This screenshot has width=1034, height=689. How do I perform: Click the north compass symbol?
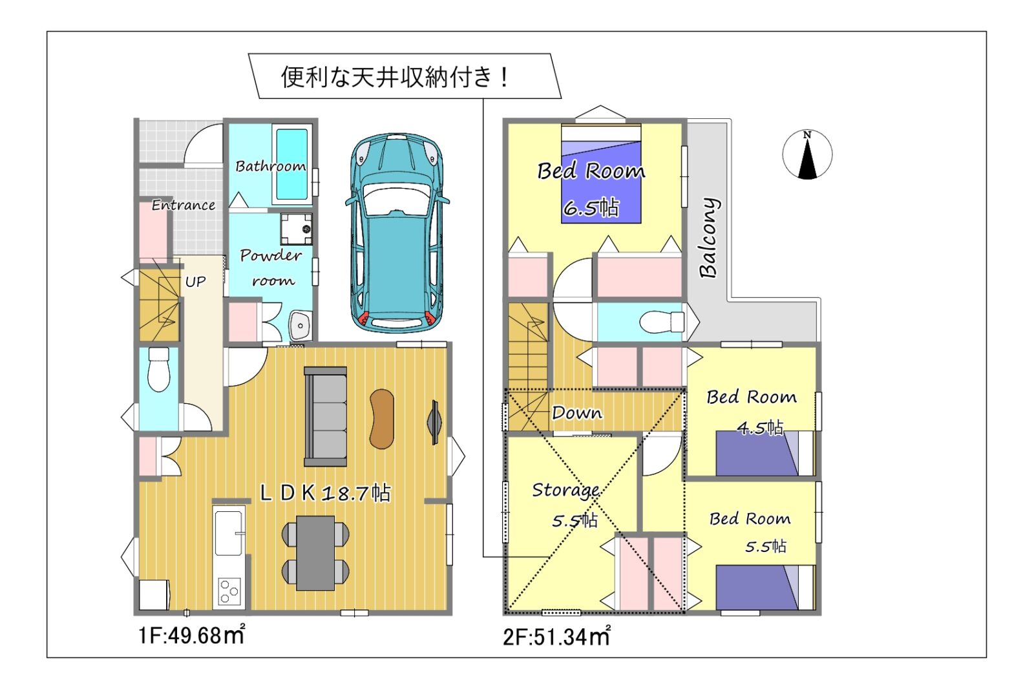pyautogui.click(x=807, y=154)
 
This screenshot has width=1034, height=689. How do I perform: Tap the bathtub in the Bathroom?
pyautogui.click(x=292, y=164)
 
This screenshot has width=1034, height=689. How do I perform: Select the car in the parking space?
pyautogui.click(x=397, y=233)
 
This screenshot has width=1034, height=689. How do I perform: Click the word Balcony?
pyautogui.click(x=709, y=238)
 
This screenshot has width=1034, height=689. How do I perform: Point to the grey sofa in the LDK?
pyautogui.click(x=326, y=416)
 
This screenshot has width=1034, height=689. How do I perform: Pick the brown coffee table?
pyautogui.click(x=382, y=419)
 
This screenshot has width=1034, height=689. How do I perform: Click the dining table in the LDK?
pyautogui.click(x=315, y=553)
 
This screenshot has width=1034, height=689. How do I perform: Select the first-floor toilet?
pyautogui.click(x=159, y=370)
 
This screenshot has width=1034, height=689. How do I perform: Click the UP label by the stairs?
pyautogui.click(x=195, y=281)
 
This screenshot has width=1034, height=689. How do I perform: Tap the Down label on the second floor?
pyautogui.click(x=577, y=412)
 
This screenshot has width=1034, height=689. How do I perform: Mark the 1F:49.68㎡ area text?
pyautogui.click(x=191, y=635)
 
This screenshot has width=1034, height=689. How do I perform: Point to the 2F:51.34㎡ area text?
pyautogui.click(x=556, y=637)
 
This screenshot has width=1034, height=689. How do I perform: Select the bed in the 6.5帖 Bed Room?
pyautogui.click(x=601, y=174)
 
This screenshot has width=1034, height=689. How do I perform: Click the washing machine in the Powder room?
pyautogui.click(x=297, y=229)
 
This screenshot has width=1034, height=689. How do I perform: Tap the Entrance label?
pyautogui.click(x=184, y=205)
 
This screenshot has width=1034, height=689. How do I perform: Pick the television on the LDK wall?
pyautogui.click(x=435, y=423)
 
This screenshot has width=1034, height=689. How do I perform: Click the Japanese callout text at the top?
pyautogui.click(x=395, y=77)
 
